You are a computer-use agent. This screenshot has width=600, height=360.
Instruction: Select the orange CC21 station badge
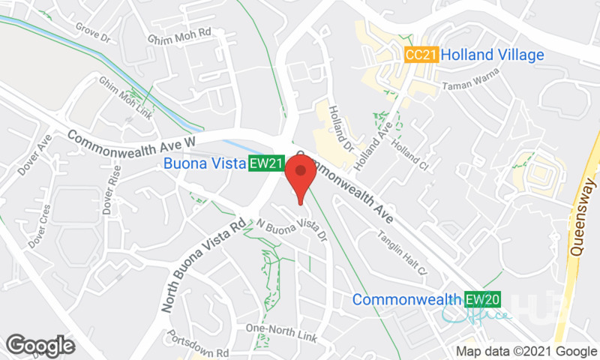coord(420,55)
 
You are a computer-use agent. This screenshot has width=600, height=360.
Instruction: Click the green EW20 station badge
coord(481,300)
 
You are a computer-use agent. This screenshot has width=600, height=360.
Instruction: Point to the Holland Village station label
coord(492,55)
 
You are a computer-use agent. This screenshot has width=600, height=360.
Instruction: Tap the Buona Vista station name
coord(204,163)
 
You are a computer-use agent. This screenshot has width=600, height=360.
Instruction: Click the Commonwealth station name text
coord(407,300)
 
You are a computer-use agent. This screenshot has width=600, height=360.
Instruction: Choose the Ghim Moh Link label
coord(126,98)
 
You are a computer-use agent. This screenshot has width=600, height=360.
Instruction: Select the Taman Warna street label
coord(472,85)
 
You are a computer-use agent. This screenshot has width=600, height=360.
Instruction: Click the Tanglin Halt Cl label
coord(400,255)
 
